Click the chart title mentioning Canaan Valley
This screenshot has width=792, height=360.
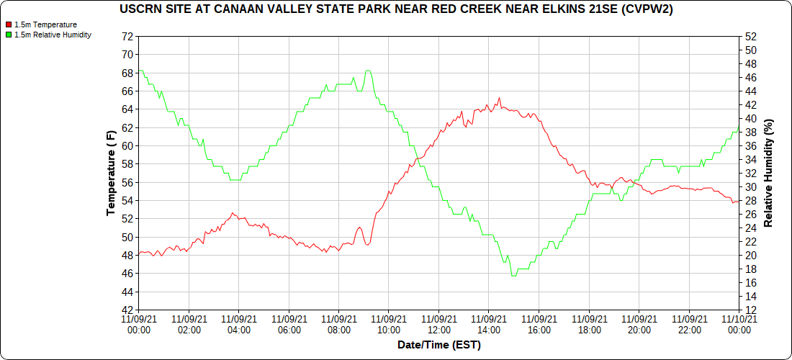(x=400, y=9)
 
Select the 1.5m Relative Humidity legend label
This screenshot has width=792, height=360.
(x=53, y=35)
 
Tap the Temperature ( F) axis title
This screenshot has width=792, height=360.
(x=111, y=174)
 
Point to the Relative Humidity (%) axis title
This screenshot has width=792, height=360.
(x=768, y=174)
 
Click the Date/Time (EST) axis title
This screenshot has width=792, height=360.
(x=438, y=346)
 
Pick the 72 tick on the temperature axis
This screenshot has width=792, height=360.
(x=128, y=36)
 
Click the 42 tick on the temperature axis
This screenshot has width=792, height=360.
(x=128, y=310)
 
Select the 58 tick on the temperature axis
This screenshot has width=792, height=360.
(x=128, y=164)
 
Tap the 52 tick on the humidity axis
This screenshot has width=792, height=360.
(x=752, y=36)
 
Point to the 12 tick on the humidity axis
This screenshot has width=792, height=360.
(x=752, y=310)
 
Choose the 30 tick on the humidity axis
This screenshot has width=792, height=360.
(x=752, y=187)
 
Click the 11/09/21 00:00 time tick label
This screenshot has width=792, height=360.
(x=139, y=325)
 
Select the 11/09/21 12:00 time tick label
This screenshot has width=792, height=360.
(x=439, y=325)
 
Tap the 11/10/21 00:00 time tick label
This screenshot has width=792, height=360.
(x=739, y=325)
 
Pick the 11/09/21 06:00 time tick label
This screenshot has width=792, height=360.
(x=289, y=325)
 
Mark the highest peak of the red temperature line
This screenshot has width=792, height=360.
(x=499, y=98)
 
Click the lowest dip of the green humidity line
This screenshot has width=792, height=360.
(x=513, y=276)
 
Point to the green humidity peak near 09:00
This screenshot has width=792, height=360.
(x=368, y=71)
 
